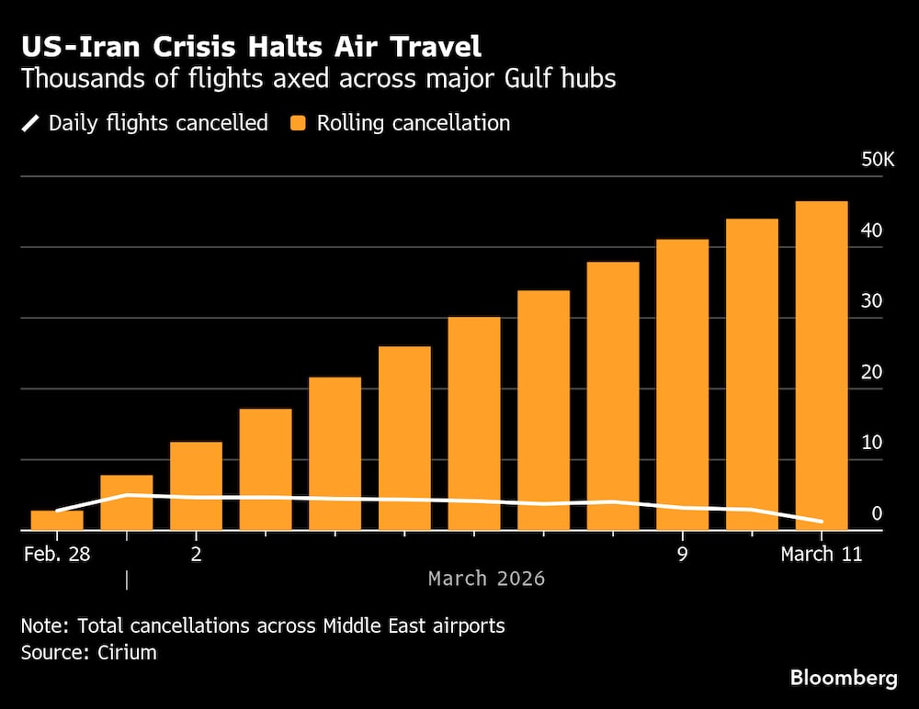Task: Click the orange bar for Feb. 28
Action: pyautogui.click(x=57, y=520)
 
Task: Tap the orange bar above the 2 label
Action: pyautogui.click(x=196, y=486)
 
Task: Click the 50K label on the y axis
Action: pyautogui.click(x=877, y=160)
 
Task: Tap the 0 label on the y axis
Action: pyautogui.click(x=877, y=513)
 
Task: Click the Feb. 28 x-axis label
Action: pyautogui.click(x=57, y=554)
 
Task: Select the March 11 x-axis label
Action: pyautogui.click(x=821, y=554)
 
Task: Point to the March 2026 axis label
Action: pyautogui.click(x=486, y=579)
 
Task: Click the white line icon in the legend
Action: pyautogui.click(x=30, y=123)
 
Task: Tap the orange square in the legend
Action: pyautogui.click(x=299, y=123)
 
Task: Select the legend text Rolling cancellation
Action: pyautogui.click(x=413, y=123)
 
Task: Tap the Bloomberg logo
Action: pyautogui.click(x=843, y=679)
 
